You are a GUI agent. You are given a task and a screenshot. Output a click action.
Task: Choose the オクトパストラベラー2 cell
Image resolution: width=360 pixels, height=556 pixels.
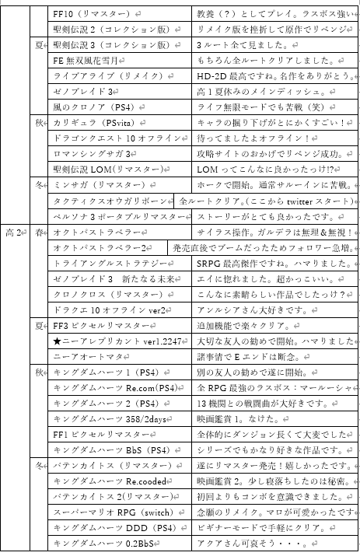click(x=101, y=247)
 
